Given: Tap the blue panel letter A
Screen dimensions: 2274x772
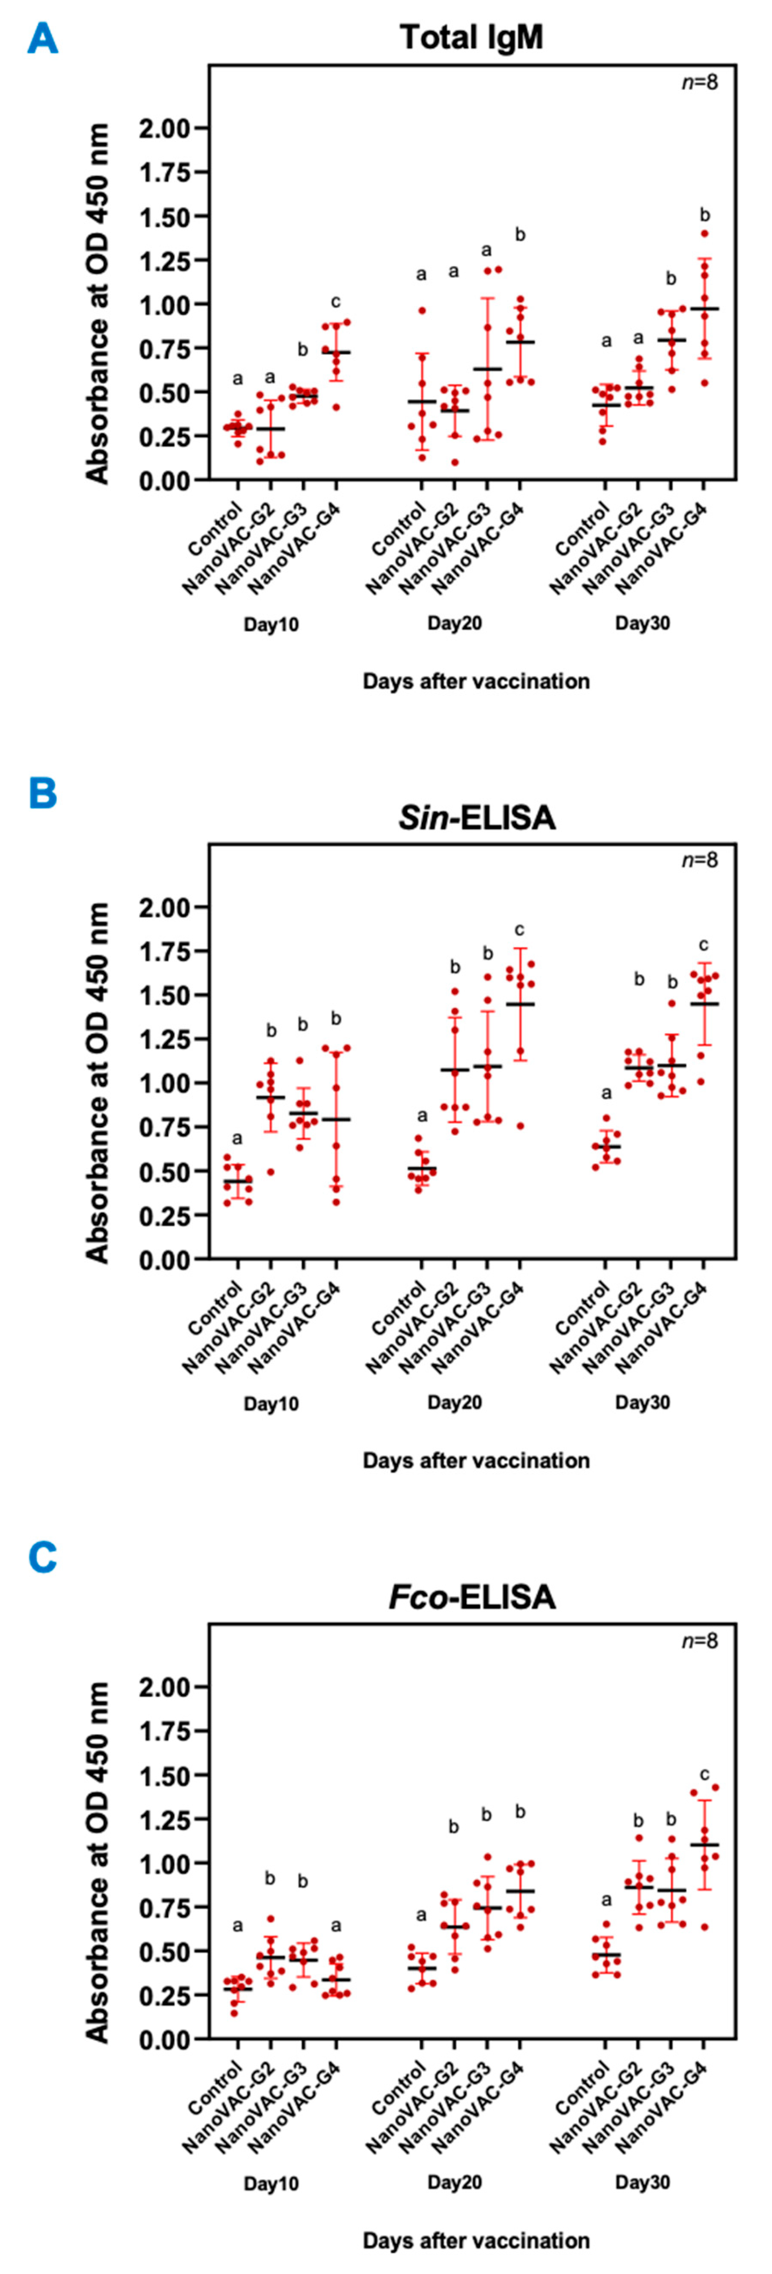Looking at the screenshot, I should coord(42,39).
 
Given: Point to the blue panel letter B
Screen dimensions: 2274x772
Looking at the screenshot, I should coord(42,793).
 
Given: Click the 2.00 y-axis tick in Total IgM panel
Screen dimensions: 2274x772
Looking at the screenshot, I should coord(164,129).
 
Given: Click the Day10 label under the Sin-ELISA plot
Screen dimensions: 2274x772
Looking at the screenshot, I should coord(271,1404).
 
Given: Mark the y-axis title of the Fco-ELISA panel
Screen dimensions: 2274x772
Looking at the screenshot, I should coord(97,1863).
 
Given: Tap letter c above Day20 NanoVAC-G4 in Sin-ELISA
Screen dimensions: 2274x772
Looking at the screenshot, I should coord(520,930).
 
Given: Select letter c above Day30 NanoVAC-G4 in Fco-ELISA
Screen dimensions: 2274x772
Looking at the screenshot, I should coord(704,1774).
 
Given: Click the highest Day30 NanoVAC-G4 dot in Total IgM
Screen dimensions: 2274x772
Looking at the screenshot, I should coord(704,234).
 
